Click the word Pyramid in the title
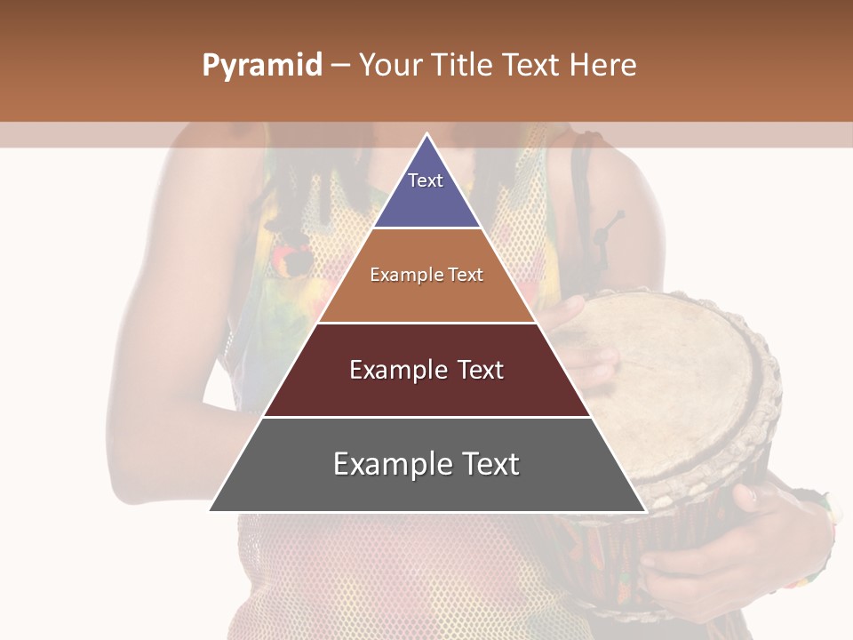pos(261,66)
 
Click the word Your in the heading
pos(390,66)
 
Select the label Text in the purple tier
pos(426,180)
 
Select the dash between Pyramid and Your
pos(340,66)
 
